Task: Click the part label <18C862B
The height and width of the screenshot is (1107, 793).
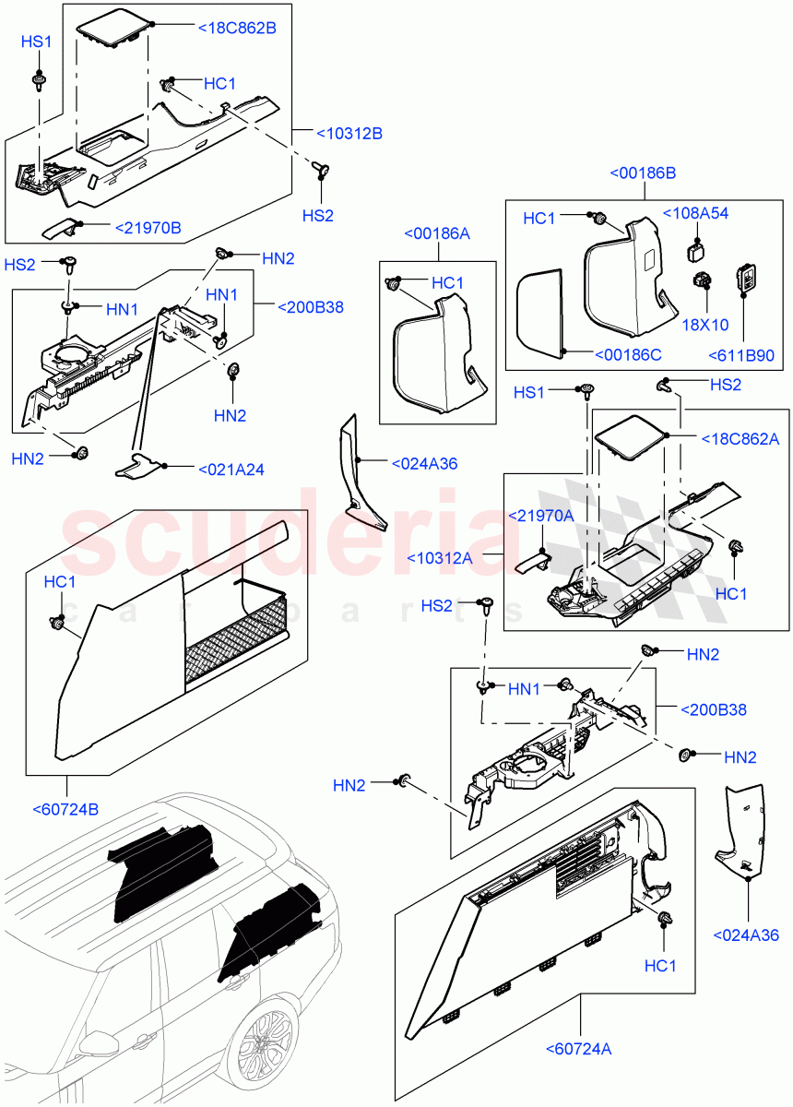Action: [237, 29]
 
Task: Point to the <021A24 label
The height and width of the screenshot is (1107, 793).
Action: [231, 470]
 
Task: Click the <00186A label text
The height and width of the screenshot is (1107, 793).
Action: [437, 234]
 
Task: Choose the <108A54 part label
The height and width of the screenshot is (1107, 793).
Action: [695, 213]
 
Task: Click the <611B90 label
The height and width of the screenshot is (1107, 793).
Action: [740, 356]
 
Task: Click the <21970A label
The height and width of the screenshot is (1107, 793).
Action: [542, 516]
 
